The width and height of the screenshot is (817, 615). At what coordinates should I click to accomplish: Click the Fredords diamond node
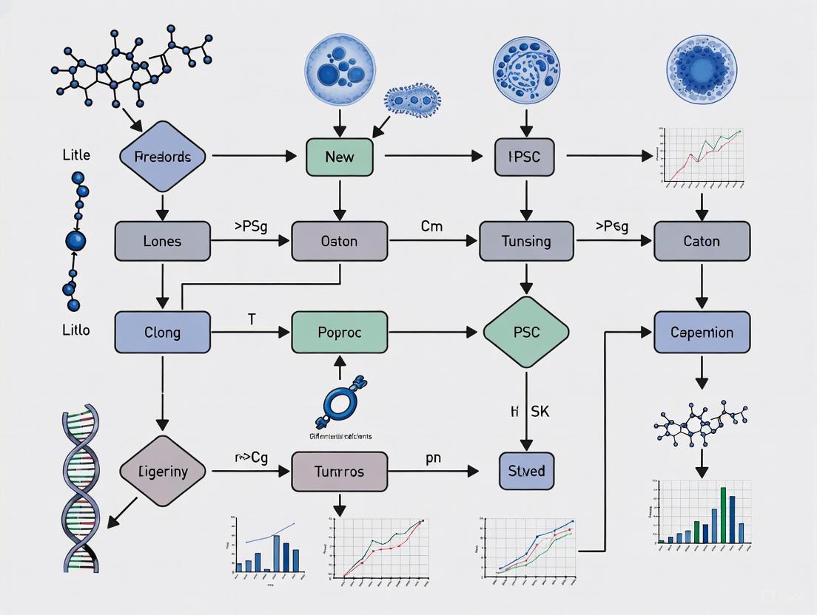(x=163, y=157)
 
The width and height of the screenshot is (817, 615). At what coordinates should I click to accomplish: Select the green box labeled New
(x=340, y=157)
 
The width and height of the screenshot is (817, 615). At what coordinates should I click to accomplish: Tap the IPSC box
(x=524, y=157)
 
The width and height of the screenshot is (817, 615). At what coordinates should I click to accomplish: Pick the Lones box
(x=162, y=241)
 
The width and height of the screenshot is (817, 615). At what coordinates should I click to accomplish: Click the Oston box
(x=340, y=241)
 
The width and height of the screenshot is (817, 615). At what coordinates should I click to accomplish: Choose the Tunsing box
(x=525, y=241)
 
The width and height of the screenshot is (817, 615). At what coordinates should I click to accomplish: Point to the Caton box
(x=702, y=241)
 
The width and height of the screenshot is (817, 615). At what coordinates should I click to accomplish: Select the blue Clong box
(x=162, y=332)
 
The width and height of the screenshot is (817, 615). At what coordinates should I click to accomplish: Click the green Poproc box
(x=340, y=332)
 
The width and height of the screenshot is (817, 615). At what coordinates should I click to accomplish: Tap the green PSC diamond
(x=525, y=332)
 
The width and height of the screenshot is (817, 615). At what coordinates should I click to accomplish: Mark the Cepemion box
(x=702, y=332)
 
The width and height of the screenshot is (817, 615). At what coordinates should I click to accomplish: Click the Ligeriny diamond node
(x=163, y=471)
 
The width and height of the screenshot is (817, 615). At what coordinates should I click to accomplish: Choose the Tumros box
(x=340, y=472)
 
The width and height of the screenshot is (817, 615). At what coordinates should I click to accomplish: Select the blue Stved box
(x=526, y=472)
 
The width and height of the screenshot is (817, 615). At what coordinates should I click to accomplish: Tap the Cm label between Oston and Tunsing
(x=431, y=226)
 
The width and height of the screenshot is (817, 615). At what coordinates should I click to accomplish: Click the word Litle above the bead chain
(x=76, y=155)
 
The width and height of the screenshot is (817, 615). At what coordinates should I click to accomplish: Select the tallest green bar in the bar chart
(x=723, y=514)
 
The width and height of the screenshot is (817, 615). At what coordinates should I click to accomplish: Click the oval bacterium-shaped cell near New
(x=412, y=101)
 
